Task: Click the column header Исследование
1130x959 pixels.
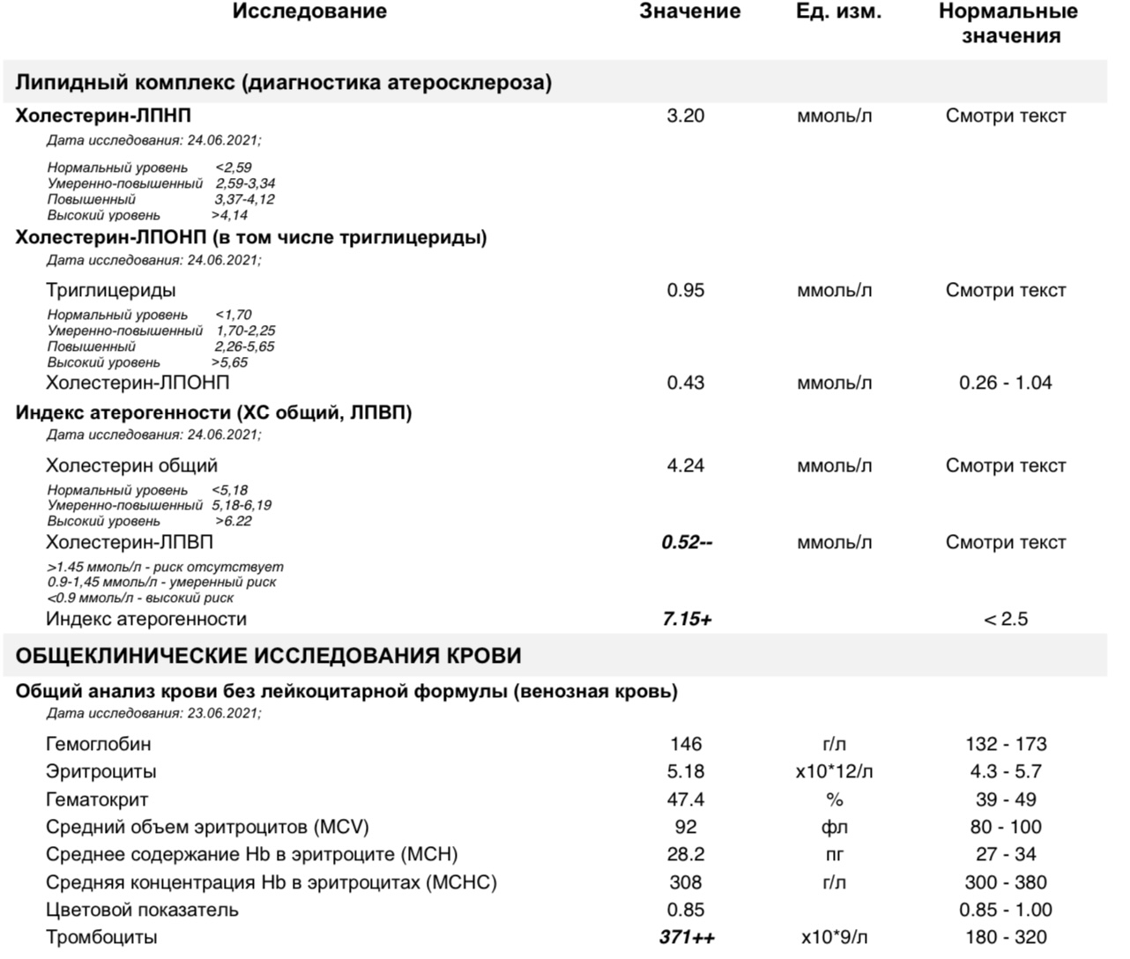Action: click(x=309, y=11)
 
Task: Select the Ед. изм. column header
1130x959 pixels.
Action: click(x=837, y=11)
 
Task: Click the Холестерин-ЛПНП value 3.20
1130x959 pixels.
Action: click(x=685, y=115)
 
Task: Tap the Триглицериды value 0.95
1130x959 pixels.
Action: click(x=685, y=290)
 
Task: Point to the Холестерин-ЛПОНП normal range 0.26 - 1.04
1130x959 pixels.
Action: click(x=1006, y=383)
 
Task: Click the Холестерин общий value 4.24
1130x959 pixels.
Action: click(x=685, y=465)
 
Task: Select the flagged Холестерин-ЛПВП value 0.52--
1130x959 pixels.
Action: click(x=687, y=542)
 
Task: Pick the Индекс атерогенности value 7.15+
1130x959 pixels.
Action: click(x=687, y=619)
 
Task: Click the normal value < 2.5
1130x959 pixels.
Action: click(x=1006, y=619)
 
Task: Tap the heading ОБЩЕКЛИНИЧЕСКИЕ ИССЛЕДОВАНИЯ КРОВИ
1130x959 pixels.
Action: click(x=268, y=656)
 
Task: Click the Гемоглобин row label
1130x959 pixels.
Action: click(x=98, y=744)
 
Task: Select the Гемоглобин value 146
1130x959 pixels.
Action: click(x=685, y=744)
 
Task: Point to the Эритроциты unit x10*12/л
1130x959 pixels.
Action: click(x=834, y=771)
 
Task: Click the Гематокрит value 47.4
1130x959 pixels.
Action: click(x=685, y=799)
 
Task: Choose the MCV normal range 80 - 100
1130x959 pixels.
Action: click(x=1006, y=827)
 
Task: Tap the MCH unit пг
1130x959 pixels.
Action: click(x=834, y=854)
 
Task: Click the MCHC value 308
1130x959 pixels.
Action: click(x=685, y=882)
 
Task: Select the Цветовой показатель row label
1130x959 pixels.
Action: click(x=142, y=910)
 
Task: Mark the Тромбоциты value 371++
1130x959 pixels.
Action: click(x=687, y=937)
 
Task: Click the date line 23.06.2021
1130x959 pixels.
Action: click(x=154, y=712)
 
